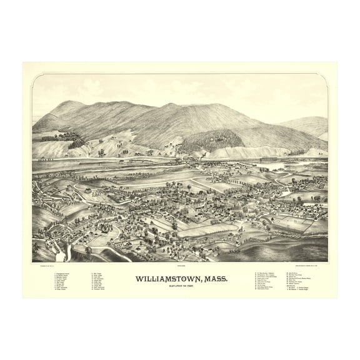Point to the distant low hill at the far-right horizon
[312, 125]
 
